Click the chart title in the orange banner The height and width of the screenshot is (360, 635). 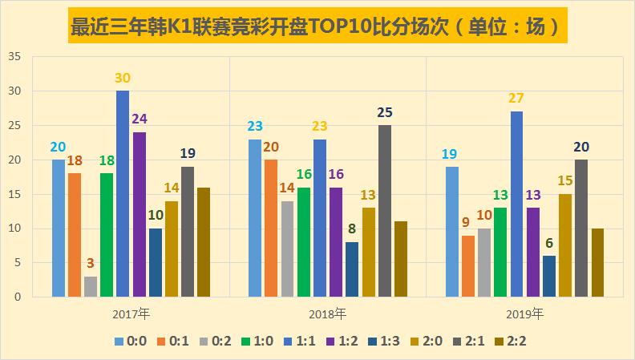click(x=317, y=26)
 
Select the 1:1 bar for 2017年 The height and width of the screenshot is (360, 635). click(x=123, y=194)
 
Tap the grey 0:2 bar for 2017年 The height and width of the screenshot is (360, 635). click(x=91, y=286)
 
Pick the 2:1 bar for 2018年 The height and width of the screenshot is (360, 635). click(x=385, y=211)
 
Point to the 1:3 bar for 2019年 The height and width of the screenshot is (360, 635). click(x=549, y=276)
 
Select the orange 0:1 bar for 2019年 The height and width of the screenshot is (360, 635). click(x=468, y=265)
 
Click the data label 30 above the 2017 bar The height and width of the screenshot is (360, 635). click(x=123, y=79)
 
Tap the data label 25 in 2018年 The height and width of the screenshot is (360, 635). click(x=385, y=113)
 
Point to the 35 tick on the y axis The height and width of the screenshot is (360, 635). click(x=15, y=58)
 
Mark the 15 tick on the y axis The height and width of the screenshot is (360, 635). click(x=15, y=195)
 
